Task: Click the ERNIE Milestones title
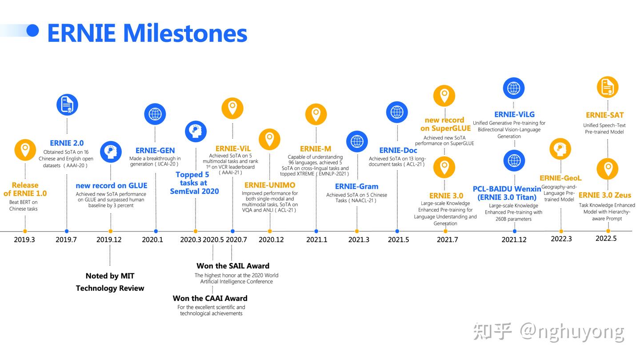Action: (x=147, y=33)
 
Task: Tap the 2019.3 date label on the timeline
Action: (x=24, y=240)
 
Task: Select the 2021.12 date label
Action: (x=514, y=240)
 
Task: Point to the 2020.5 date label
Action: (x=213, y=240)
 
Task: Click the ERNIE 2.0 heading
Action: (x=67, y=143)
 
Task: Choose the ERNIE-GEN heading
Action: (x=155, y=150)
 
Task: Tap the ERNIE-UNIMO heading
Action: (x=270, y=185)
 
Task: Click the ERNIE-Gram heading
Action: (x=356, y=186)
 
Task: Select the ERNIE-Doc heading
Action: (x=398, y=150)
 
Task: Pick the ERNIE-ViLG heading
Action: (x=514, y=114)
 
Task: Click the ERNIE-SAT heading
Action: (x=604, y=115)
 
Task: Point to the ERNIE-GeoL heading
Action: (x=560, y=178)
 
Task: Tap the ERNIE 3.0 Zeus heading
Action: (x=604, y=195)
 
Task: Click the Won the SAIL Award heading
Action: (x=233, y=266)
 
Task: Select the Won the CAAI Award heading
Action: (x=210, y=298)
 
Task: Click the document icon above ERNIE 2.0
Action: (x=67, y=104)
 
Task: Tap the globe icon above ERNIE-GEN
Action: (x=155, y=114)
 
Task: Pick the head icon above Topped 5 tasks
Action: (x=196, y=132)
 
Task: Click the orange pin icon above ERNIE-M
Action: (x=316, y=114)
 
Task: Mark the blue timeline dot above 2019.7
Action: (x=67, y=231)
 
